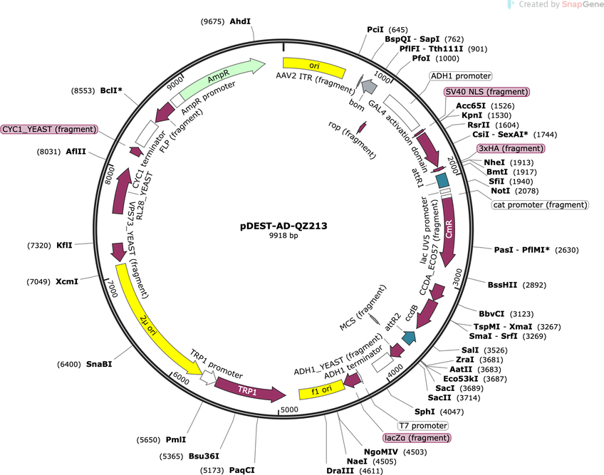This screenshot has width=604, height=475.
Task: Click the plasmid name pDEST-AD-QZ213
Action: pos(283,226)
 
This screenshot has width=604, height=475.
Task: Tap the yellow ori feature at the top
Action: pos(314,66)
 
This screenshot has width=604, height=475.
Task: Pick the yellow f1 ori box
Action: pos(322,390)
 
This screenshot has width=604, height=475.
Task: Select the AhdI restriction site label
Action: pos(240,21)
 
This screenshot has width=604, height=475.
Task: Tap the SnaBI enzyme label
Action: pos(99,364)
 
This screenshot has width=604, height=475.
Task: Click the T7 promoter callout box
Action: pos(423,426)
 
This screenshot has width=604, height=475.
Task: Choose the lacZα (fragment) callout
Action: pos(417,438)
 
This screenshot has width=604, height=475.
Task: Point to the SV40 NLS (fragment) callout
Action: pos(486,92)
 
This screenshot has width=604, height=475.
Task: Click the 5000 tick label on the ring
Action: pos(289,409)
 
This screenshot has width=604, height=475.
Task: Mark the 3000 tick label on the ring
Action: pos(457,278)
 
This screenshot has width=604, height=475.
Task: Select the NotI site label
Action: pos(501,191)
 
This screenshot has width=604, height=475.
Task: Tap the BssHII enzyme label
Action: pos(502,285)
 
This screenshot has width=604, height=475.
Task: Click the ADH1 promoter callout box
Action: pos(461,76)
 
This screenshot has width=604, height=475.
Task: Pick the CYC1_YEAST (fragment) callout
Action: pos(49,129)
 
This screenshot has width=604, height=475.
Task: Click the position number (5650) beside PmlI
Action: pos(148,439)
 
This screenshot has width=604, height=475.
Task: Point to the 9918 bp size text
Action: pos(283,236)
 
